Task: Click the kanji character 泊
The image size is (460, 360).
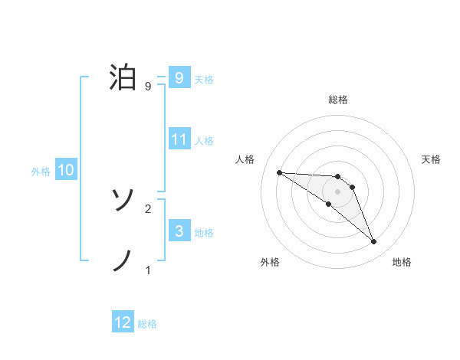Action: click(x=123, y=78)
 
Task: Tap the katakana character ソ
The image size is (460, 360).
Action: click(x=123, y=201)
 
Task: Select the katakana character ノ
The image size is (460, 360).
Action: click(x=123, y=260)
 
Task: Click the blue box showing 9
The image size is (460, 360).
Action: click(x=179, y=78)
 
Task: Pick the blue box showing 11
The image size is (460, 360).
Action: click(x=179, y=139)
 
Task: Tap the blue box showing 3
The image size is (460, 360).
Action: click(x=179, y=231)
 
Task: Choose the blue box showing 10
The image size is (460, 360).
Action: click(x=66, y=170)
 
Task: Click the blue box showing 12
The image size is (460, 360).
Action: click(x=123, y=322)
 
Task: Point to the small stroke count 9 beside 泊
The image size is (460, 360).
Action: click(x=147, y=87)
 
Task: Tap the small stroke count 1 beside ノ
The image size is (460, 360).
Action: click(x=147, y=270)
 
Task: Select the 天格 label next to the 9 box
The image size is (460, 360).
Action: click(x=204, y=80)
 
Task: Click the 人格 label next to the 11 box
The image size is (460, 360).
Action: click(x=204, y=141)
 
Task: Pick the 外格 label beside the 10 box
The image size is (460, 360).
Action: click(x=41, y=172)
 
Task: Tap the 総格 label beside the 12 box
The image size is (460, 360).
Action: click(x=147, y=324)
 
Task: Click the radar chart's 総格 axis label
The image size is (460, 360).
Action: click(x=338, y=100)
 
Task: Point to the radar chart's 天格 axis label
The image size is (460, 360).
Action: click(x=432, y=159)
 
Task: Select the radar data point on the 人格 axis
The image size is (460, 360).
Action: click(x=279, y=172)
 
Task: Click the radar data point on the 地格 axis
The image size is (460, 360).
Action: click(x=374, y=242)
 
